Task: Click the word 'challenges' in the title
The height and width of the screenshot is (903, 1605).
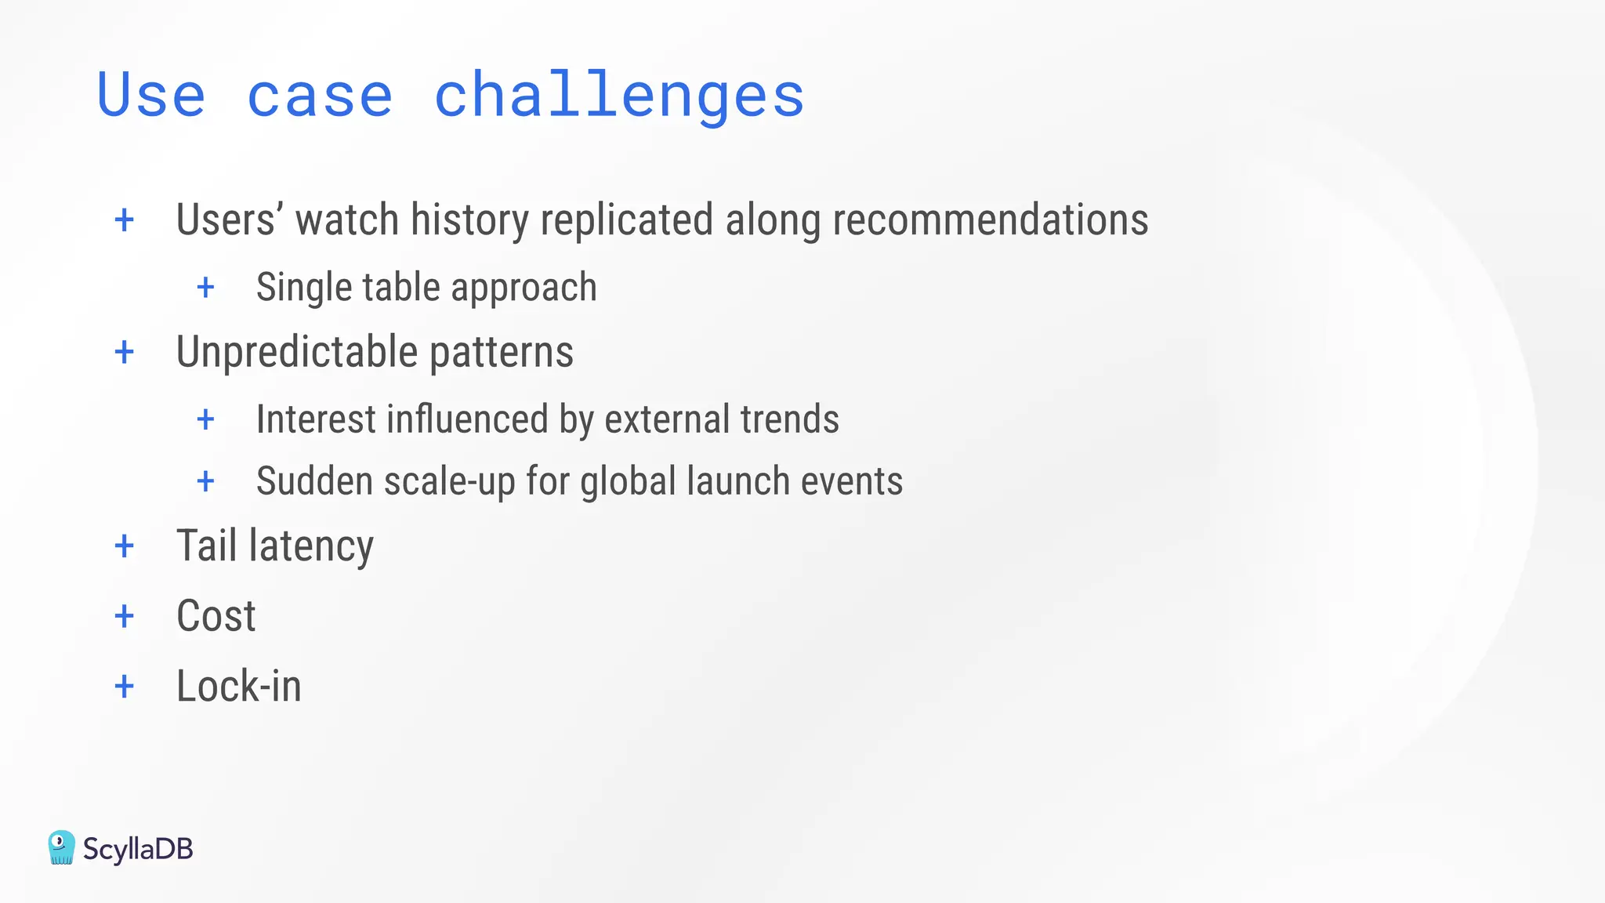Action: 619,96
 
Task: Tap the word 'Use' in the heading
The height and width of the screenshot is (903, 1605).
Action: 151,96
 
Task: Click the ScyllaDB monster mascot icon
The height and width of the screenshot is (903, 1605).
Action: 61,848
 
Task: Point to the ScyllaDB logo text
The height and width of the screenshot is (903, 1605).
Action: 138,849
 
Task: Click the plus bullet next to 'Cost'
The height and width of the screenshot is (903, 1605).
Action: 125,616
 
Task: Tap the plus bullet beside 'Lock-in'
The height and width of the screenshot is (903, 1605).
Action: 125,687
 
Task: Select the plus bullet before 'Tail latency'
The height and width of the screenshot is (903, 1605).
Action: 125,546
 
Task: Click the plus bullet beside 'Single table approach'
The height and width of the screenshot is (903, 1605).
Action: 206,287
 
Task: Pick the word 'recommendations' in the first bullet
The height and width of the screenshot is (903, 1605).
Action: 991,219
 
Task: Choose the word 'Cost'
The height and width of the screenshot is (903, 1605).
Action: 216,616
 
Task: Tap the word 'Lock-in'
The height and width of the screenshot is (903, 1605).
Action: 239,687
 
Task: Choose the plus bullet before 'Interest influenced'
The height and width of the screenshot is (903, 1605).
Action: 206,419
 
